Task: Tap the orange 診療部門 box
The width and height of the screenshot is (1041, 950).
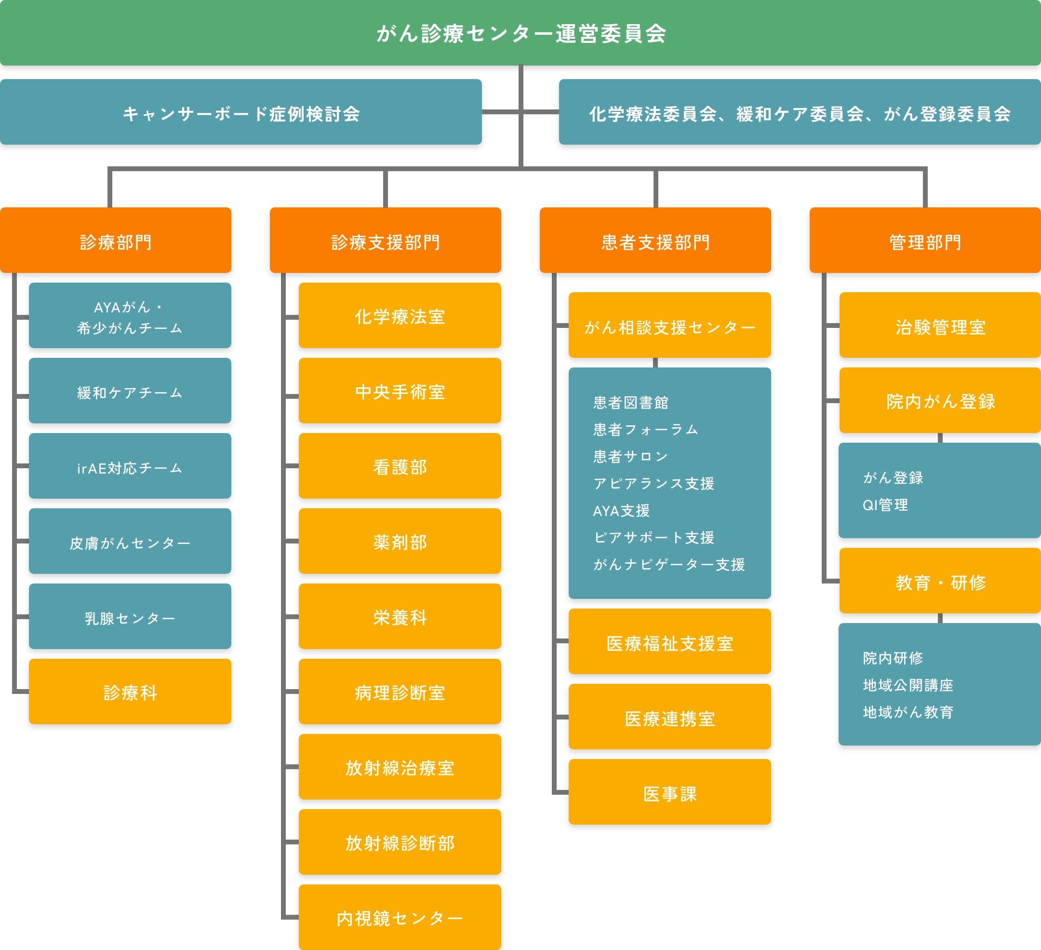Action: pyautogui.click(x=116, y=241)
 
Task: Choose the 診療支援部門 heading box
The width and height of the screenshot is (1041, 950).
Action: pyautogui.click(x=385, y=241)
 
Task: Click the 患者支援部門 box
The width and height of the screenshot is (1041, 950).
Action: pyautogui.click(x=655, y=241)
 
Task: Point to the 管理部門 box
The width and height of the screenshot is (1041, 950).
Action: pyautogui.click(x=925, y=241)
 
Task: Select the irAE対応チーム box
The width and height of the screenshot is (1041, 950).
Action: pyautogui.click(x=130, y=466)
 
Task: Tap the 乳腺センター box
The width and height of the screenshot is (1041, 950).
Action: pyautogui.click(x=130, y=617)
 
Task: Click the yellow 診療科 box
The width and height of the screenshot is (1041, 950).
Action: pyautogui.click(x=130, y=692)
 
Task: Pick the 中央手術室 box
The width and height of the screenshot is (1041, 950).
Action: pyautogui.click(x=400, y=391)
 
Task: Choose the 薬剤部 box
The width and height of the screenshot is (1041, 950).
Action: pyautogui.click(x=400, y=542)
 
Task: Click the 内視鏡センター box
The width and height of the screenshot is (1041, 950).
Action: pyautogui.click(x=400, y=918)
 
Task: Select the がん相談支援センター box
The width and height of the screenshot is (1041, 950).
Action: pyautogui.click(x=669, y=326)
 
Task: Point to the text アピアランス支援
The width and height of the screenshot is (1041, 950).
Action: pyautogui.click(x=654, y=484)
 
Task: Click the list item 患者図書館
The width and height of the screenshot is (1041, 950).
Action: pyautogui.click(x=630, y=402)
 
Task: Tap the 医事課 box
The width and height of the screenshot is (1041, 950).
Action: pyautogui.click(x=669, y=792)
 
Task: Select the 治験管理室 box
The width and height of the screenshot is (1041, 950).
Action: pyautogui.click(x=940, y=326)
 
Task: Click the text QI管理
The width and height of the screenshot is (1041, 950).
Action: pyautogui.click(x=885, y=505)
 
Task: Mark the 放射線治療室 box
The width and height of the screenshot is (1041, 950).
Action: pyautogui.click(x=400, y=767)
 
